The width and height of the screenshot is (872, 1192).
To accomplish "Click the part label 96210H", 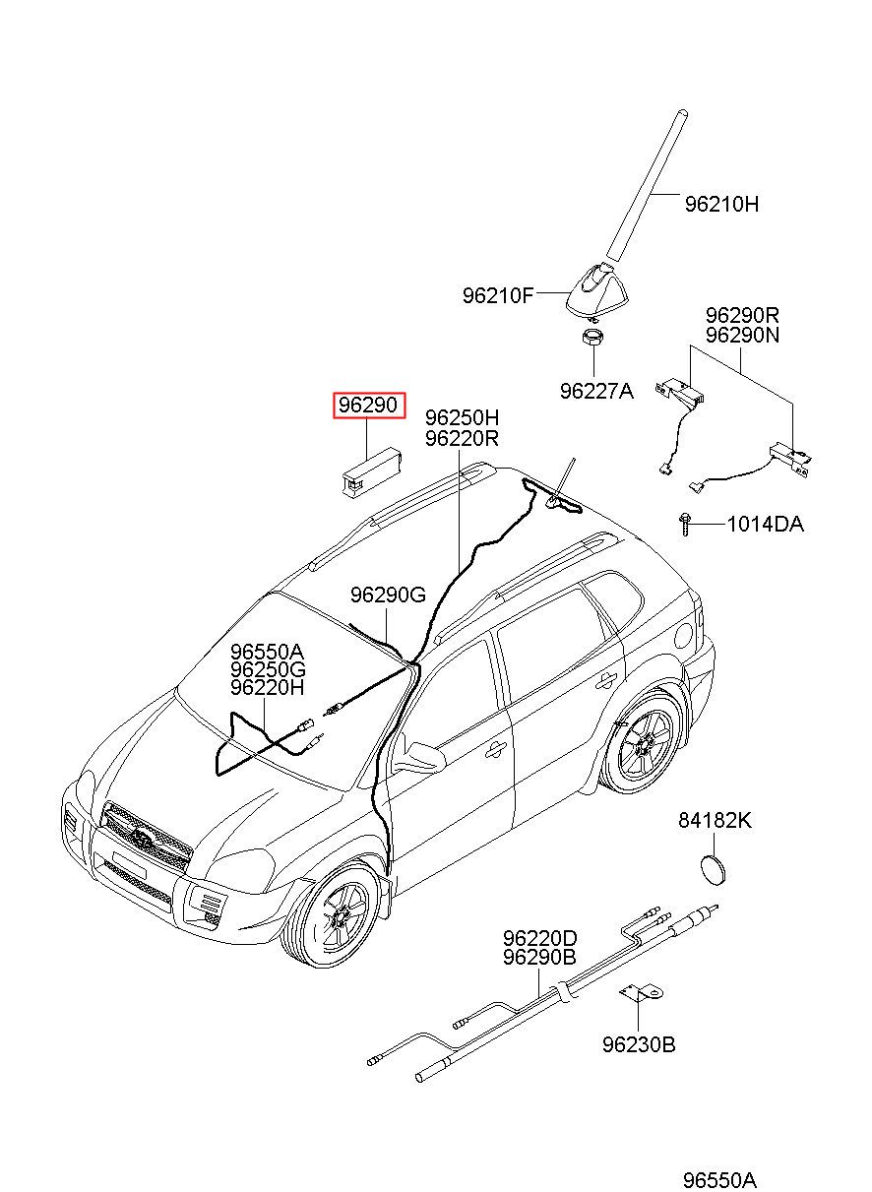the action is [x=720, y=204].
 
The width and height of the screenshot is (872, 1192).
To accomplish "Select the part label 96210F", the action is [x=497, y=295].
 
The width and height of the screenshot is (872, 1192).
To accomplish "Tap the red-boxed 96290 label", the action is [x=368, y=406].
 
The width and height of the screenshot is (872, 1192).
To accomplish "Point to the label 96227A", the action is [x=596, y=391].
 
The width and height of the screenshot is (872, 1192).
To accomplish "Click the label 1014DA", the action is [x=765, y=525].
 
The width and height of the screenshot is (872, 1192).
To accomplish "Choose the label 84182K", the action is [x=715, y=820].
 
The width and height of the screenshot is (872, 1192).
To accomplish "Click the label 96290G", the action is [x=388, y=595].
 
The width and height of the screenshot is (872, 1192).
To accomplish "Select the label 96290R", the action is [x=742, y=315].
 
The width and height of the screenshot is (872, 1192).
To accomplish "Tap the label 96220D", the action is [x=540, y=938].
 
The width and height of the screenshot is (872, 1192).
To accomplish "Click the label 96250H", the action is [x=462, y=418].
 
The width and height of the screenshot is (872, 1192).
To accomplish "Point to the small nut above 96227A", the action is [x=593, y=338].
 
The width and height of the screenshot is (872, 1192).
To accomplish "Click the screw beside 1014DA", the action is [x=685, y=525].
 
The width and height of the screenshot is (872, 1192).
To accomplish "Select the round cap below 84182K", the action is [x=712, y=870].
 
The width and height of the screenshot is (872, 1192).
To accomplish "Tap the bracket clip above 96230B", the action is [x=641, y=994].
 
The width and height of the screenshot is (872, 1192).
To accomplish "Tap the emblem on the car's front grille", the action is [x=143, y=838].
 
